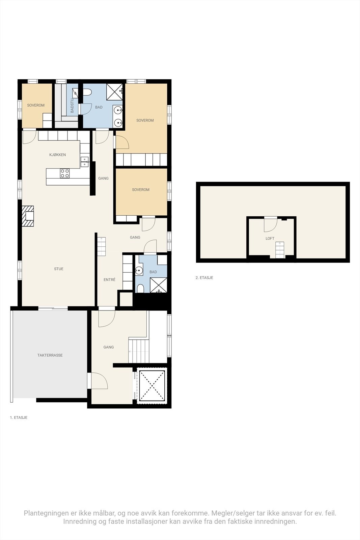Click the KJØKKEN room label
(x=57, y=155)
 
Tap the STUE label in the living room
(x=59, y=269)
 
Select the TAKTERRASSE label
(x=50, y=355)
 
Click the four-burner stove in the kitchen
(x=65, y=173)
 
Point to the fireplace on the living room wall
(x=28, y=216)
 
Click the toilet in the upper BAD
(x=87, y=92)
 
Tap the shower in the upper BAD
(x=114, y=91)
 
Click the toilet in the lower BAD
(x=140, y=289)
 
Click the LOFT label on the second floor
(x=270, y=239)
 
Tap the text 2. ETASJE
(x=204, y=278)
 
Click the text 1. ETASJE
(x=19, y=418)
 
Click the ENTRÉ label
(x=109, y=280)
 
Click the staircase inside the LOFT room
(x=280, y=250)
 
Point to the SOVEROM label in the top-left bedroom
(x=36, y=105)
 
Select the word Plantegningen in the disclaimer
(x=46, y=513)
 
